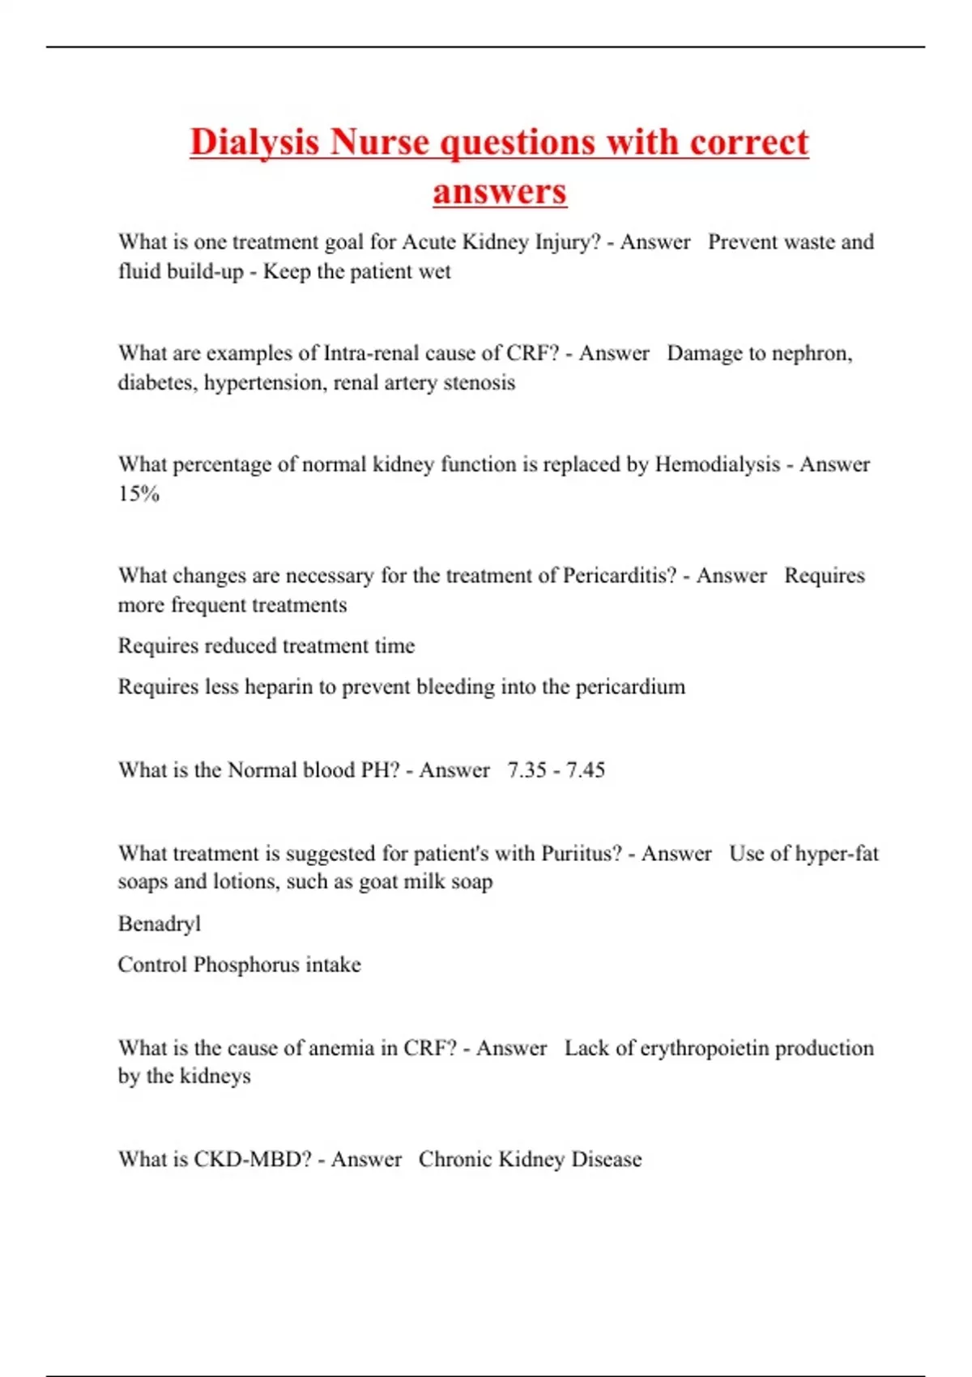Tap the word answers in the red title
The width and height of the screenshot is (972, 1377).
pyautogui.click(x=499, y=192)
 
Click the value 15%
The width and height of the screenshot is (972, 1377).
pyautogui.click(x=139, y=493)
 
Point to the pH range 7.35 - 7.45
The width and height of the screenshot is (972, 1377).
pyautogui.click(x=556, y=769)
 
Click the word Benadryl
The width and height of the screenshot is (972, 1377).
pyautogui.click(x=159, y=923)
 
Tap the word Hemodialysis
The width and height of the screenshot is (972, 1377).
pyautogui.click(x=717, y=464)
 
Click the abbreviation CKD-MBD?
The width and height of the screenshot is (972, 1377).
pyautogui.click(x=252, y=1159)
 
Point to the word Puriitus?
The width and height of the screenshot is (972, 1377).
pyautogui.click(x=581, y=853)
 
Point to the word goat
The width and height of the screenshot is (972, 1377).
pyautogui.click(x=378, y=881)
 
